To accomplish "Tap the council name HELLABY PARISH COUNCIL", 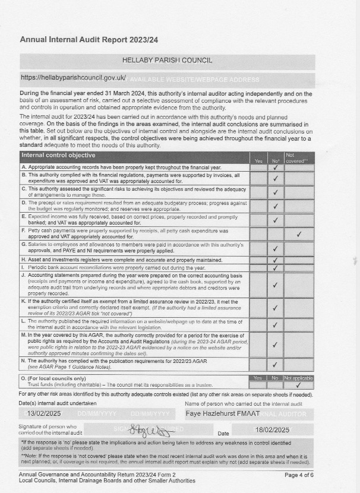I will pyautogui.click(x=167, y=61).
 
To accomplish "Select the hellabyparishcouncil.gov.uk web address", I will pyautogui.click(x=74, y=77).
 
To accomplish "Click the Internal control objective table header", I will pyautogui.click(x=58, y=155).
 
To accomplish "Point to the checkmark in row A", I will pyautogui.click(x=275, y=168).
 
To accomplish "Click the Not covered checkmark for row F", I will pyautogui.click(x=299, y=234).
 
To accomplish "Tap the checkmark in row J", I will pyautogui.click(x=275, y=285).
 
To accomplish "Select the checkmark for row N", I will pyautogui.click(x=275, y=364).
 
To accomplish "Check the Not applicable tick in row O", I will pyautogui.click(x=299, y=385).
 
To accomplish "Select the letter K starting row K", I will pyautogui.click(x=23, y=301).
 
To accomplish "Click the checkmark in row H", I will pyautogui.click(x=275, y=260).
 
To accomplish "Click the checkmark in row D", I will pyautogui.click(x=275, y=206).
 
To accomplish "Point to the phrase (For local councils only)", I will pyautogui.click(x=52, y=378).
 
